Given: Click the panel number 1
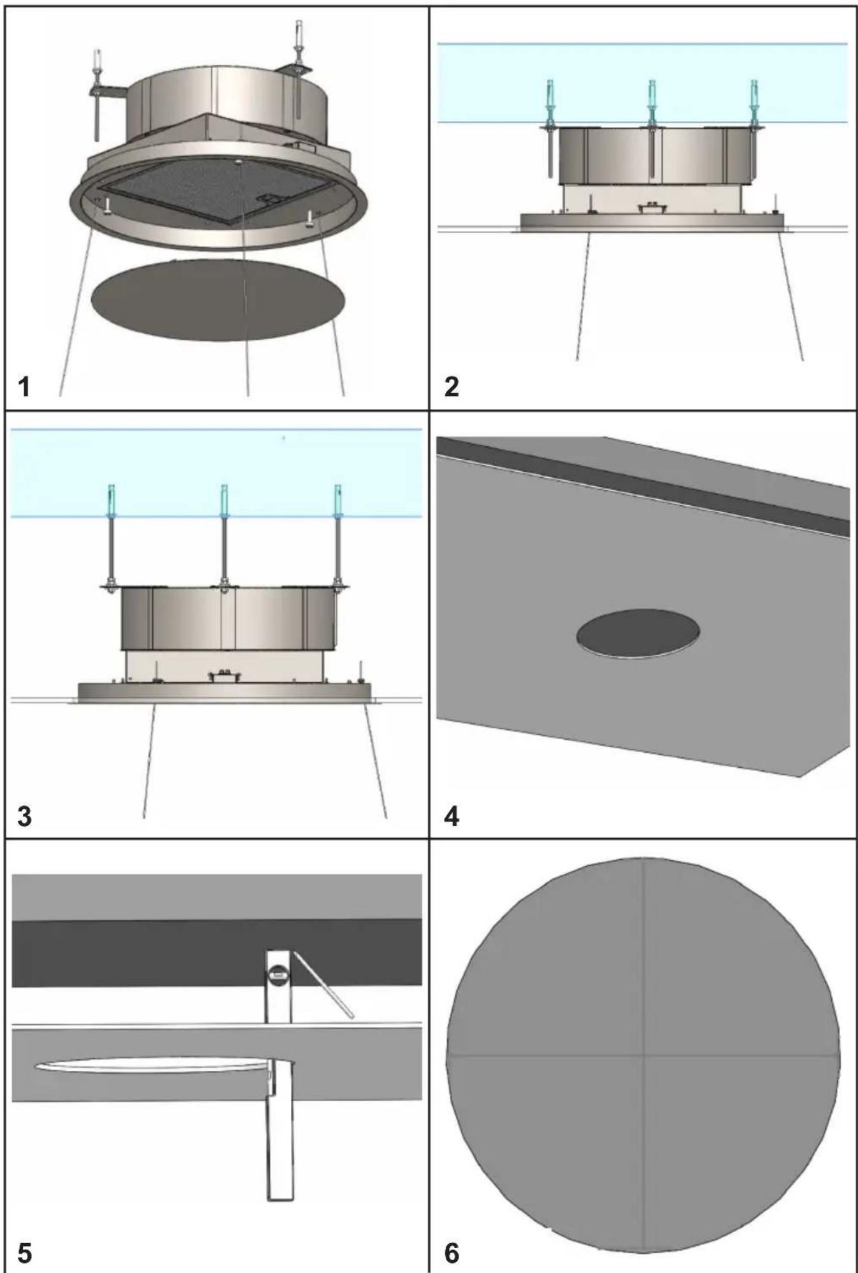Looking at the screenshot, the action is click(x=24, y=386).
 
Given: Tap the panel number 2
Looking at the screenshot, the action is click(x=451, y=386).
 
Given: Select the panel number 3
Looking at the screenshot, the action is click(x=24, y=816).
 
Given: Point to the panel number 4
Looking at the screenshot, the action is click(x=451, y=816).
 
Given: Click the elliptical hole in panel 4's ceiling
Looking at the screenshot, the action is click(x=638, y=633).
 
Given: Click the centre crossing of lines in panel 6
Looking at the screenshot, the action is click(x=644, y=1055).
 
